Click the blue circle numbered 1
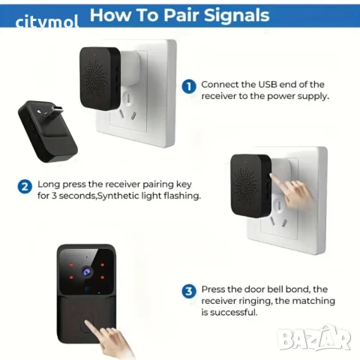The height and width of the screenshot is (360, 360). (x=189, y=86)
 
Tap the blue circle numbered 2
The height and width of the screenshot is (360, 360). (x=25, y=187)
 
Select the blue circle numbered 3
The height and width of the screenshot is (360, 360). (x=189, y=291)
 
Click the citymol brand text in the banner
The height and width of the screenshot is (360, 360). (x=46, y=22)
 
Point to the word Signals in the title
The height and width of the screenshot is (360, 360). (x=236, y=16)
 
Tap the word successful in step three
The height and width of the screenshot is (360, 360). (x=229, y=313)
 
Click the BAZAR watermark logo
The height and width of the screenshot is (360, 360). (x=314, y=338)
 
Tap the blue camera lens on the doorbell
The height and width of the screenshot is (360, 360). (x=86, y=272)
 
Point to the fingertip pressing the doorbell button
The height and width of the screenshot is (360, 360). (x=87, y=322)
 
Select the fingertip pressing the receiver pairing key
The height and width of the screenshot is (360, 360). (x=272, y=176)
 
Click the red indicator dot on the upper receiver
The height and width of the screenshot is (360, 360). (x=94, y=54)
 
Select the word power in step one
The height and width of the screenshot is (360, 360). (x=280, y=97)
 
